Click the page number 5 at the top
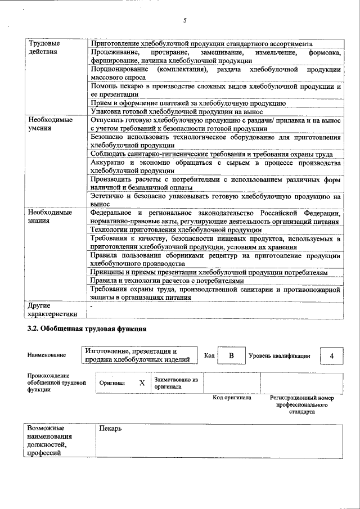coord(184,21)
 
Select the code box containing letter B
coord(231,355)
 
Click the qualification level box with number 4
coord(332,355)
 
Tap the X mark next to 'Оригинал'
coord(142,382)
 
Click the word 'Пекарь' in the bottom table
coord(110,429)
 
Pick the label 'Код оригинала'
coord(232,398)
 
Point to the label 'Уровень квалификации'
coord(279,355)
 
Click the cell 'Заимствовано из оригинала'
coord(176,383)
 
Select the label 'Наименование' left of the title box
coord(46,355)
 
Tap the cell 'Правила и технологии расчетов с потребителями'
coord(167,281)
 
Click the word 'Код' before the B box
coord(209,355)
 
